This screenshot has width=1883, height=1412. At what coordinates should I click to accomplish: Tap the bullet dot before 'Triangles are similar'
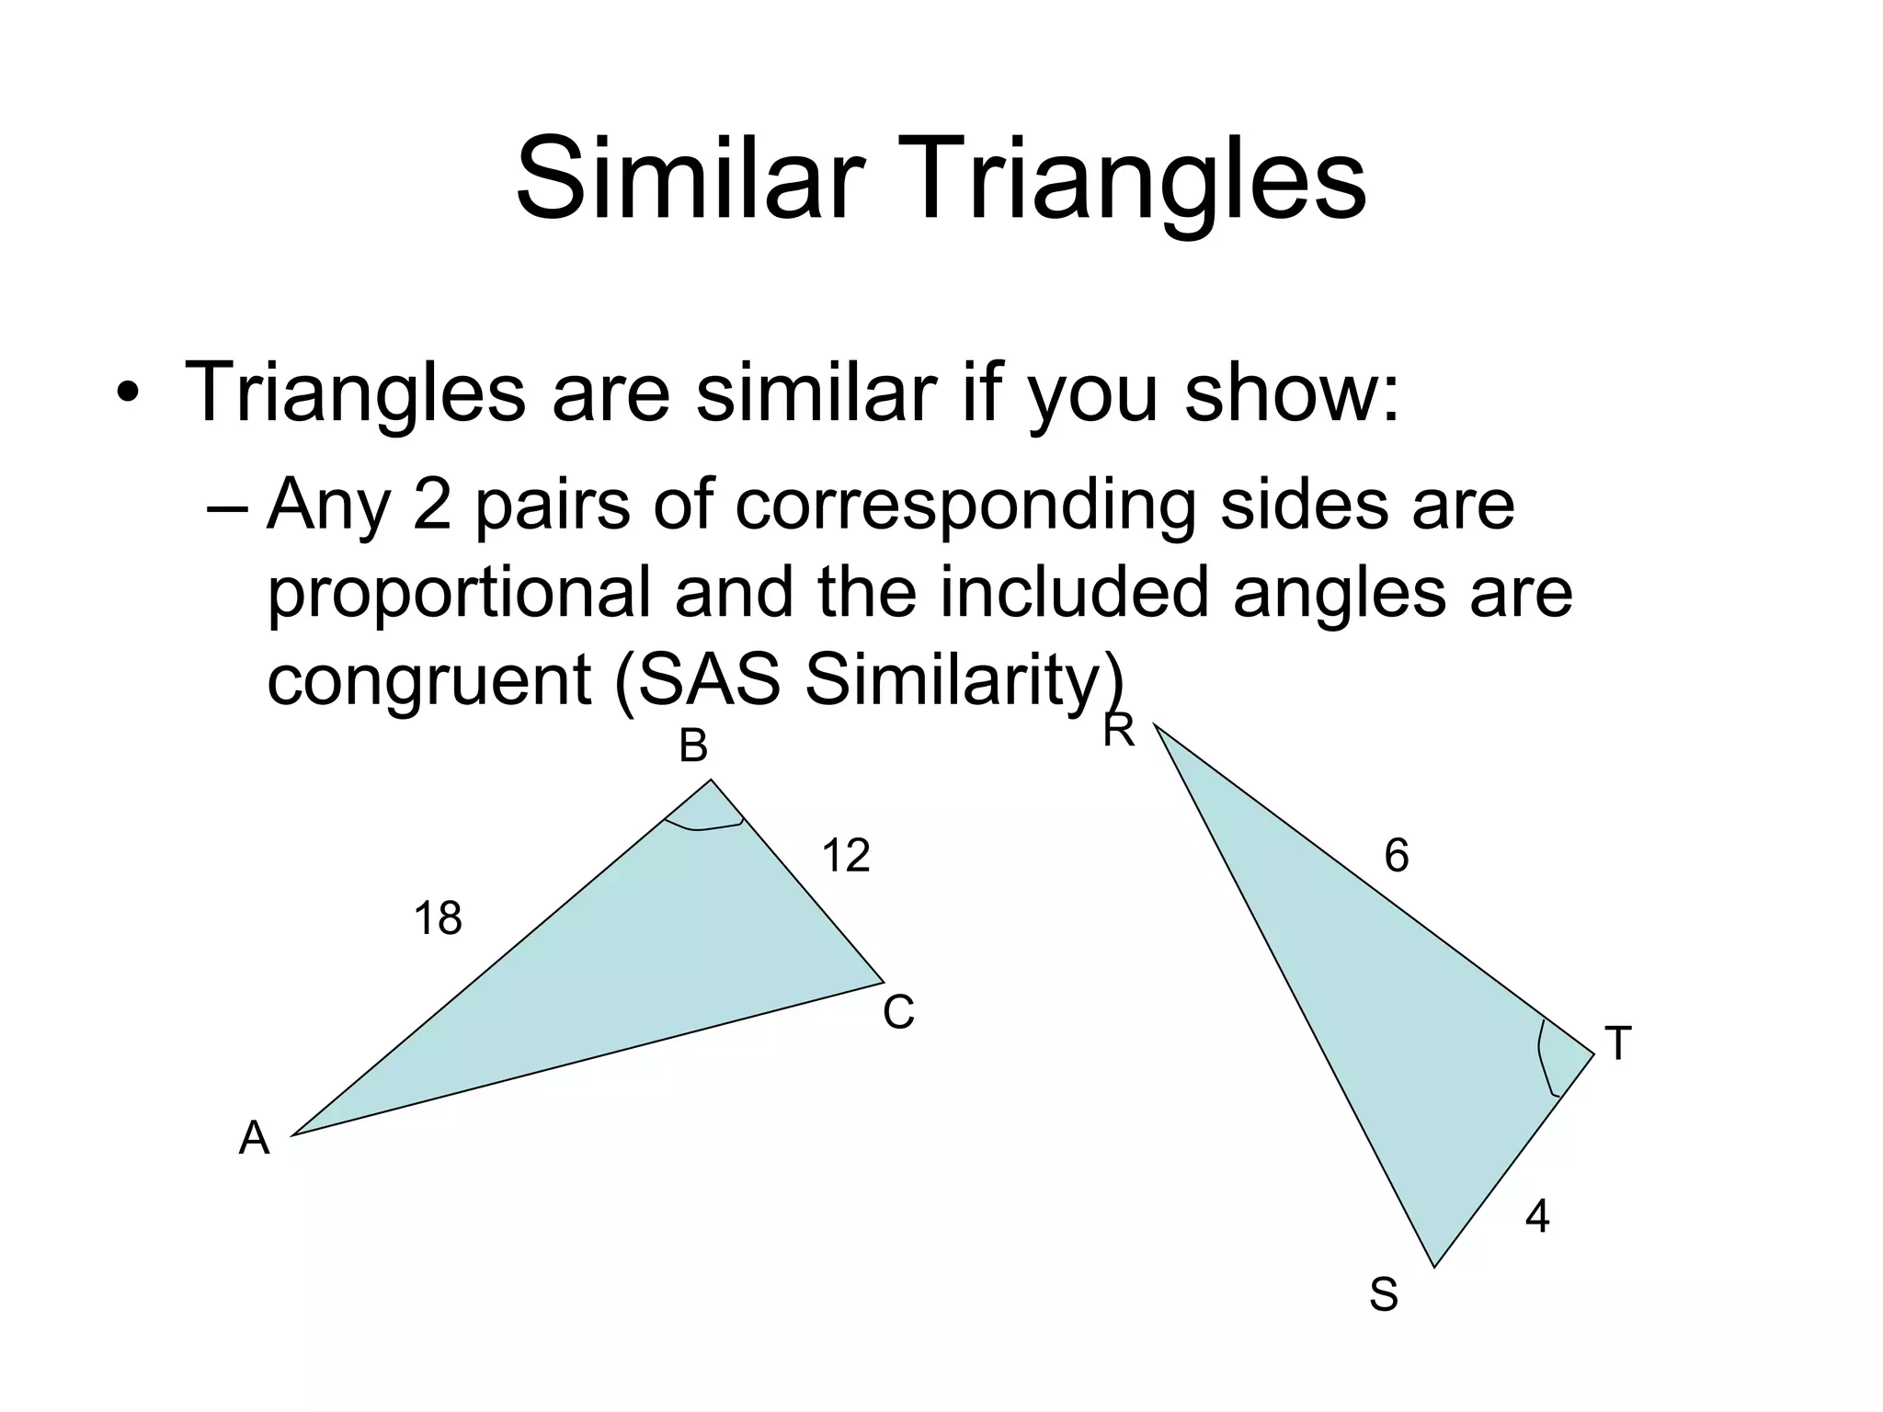coord(128,394)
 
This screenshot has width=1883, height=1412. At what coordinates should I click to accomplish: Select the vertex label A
coord(254,1139)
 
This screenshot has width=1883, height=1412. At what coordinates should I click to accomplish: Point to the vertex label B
coord(693,746)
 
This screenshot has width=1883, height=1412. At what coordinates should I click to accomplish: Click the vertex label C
coord(898,1013)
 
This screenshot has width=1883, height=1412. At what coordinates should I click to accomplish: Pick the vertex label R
coord(1119,732)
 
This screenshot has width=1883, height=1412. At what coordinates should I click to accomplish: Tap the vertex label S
coord(1383,1295)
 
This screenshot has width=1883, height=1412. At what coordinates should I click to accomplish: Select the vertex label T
coord(1617,1044)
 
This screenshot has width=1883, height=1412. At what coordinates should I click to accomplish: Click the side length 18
coord(438,919)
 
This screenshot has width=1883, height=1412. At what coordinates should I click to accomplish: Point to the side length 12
coord(845,856)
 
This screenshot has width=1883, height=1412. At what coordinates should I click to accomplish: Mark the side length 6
coord(1396,857)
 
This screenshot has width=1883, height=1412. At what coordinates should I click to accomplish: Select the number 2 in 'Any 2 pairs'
coord(432,505)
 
